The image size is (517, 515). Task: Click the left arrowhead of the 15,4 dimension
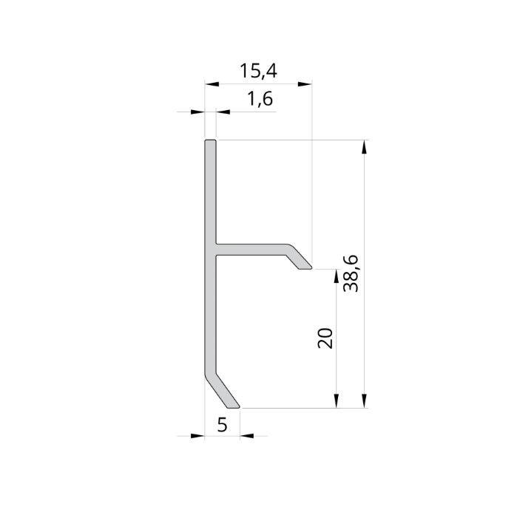coord(211,84)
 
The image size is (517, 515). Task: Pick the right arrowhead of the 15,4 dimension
coord(303,84)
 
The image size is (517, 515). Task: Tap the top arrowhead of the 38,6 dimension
coord(363,146)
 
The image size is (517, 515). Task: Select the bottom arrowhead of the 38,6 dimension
coord(363,400)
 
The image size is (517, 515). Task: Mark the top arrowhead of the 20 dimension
coord(337,276)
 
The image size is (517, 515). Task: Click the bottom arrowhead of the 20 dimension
coord(337,400)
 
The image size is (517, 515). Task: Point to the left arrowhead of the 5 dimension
coord(196,435)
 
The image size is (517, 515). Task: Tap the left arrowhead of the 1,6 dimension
coord(197,112)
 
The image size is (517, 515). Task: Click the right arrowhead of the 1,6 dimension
coord(223,112)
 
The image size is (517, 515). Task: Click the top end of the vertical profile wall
coord(210,140)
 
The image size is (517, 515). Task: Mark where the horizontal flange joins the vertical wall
coord(216,250)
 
